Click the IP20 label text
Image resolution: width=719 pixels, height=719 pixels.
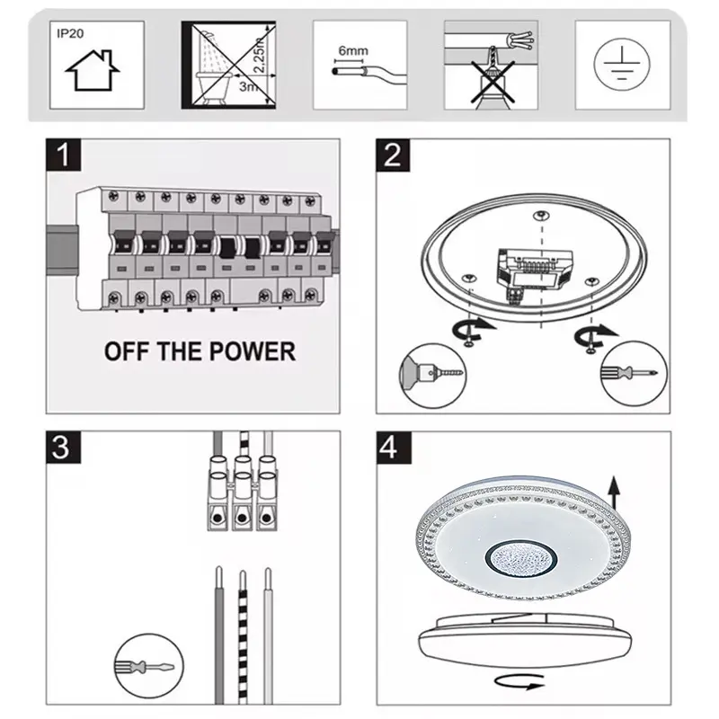70,33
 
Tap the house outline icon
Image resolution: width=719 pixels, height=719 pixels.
93,70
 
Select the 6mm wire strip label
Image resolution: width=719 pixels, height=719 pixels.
353,51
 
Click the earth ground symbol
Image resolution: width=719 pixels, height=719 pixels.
621,64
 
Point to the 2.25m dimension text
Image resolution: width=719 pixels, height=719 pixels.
260,55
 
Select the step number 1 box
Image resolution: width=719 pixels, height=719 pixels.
63,155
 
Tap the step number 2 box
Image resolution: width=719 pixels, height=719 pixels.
393,155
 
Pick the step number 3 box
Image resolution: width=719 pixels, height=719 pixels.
63,447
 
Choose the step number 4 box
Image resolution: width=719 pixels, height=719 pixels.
394,447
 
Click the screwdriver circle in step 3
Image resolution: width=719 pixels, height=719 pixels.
148,666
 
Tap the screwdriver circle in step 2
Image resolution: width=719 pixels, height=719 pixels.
635,373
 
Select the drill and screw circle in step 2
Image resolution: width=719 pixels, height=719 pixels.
433,376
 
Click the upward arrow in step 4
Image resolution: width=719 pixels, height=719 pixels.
614,493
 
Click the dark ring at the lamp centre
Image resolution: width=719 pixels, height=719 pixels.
521,559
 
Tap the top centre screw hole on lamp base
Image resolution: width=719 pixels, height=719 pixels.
542,216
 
